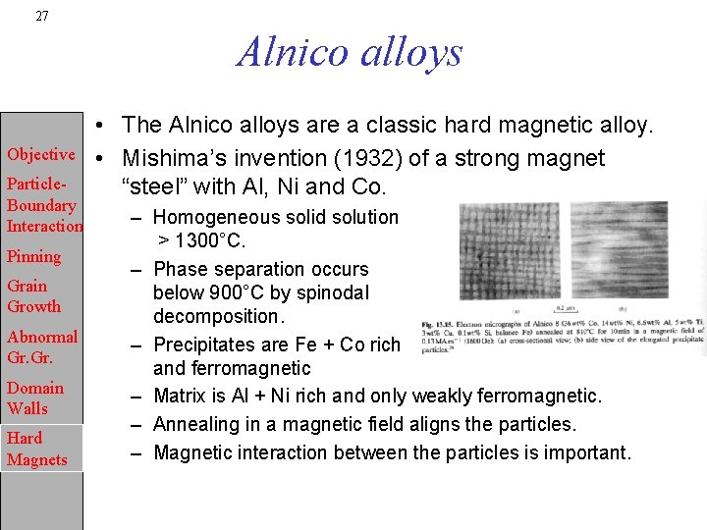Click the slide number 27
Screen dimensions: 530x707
coord(41,16)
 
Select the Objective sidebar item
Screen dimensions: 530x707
coord(41,154)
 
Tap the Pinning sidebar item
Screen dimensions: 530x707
coord(33,256)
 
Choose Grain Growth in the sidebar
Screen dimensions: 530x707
coord(33,296)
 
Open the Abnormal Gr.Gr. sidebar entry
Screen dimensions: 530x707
coord(42,347)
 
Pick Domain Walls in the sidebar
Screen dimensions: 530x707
coord(34,397)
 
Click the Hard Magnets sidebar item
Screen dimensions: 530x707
coord(37,449)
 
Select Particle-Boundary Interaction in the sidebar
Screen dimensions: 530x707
coord(43,205)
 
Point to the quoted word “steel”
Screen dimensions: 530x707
coord(153,186)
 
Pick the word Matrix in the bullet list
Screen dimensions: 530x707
coord(182,396)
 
